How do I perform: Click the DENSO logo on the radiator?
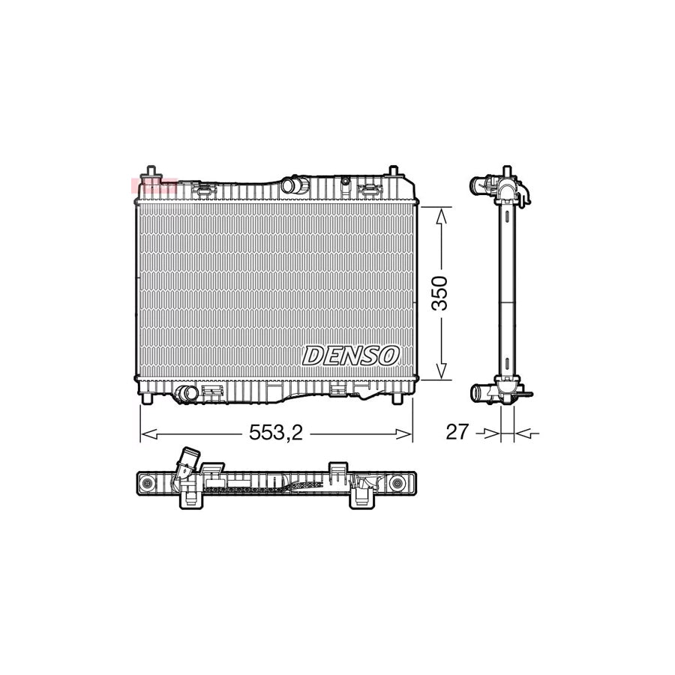point(350,355)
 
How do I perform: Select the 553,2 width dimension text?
point(275,433)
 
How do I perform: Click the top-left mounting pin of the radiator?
point(152,172)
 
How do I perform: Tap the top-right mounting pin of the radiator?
point(392,172)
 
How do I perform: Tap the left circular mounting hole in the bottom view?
point(148,482)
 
